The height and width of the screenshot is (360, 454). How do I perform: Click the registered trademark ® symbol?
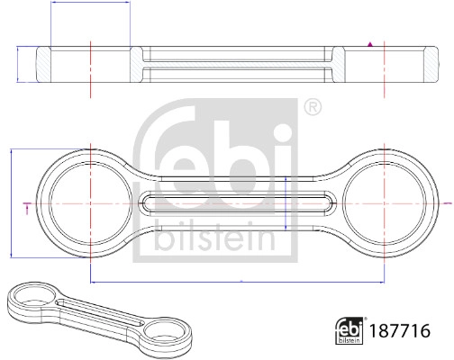[312, 107]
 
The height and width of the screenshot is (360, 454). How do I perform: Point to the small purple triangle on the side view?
[370, 42]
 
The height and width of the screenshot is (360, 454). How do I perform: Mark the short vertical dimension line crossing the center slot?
[286, 204]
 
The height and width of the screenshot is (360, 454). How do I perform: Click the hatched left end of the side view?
[41, 66]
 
